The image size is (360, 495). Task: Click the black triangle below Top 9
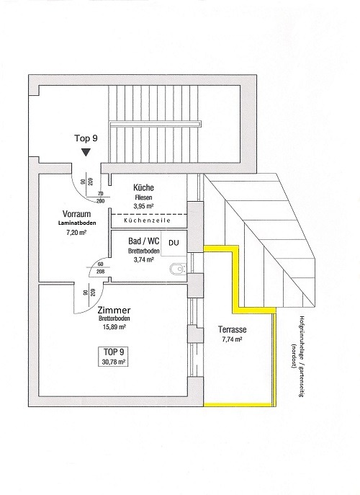click(86, 153)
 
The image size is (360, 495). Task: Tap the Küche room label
click(143, 187)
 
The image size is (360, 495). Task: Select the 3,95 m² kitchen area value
click(143, 206)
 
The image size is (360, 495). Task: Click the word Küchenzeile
click(147, 220)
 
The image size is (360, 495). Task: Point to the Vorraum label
click(76, 214)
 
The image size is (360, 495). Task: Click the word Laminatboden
click(77, 223)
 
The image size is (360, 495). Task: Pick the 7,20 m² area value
click(76, 233)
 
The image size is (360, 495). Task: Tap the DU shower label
click(174, 242)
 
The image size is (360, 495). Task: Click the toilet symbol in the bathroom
click(178, 269)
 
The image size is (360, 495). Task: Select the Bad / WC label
click(143, 241)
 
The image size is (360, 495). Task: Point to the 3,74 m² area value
click(143, 259)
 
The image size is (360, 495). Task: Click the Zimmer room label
click(114, 311)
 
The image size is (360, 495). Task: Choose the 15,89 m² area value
click(114, 327)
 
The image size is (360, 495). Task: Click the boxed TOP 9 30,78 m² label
click(114, 357)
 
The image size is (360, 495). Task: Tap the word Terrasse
click(233, 330)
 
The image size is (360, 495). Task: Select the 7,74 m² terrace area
click(233, 339)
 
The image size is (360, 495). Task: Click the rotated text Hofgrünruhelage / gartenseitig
click(301, 357)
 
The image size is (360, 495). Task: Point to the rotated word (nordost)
click(294, 355)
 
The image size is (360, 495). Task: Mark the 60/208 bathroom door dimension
click(101, 268)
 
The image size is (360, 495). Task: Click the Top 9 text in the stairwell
click(86, 138)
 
